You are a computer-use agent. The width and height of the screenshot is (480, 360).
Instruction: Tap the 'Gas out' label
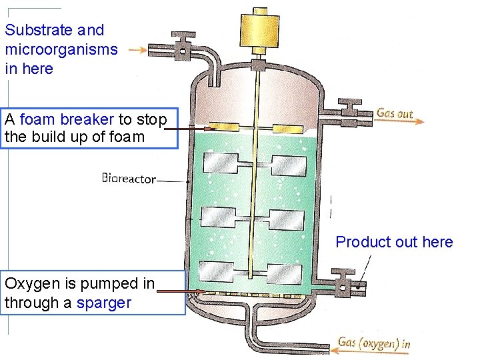pos(395,113)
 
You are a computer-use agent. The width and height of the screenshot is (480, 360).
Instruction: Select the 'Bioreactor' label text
pos(129,179)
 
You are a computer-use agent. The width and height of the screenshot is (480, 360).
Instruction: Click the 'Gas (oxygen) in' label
pos(373,343)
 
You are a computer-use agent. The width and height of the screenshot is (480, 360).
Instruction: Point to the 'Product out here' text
pos(394,242)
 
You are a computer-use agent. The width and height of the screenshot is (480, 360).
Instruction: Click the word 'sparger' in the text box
pos(103,303)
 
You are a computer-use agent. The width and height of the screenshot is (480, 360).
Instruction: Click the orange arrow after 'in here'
pos(139,49)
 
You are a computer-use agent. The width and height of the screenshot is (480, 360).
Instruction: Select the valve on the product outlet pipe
pos(343,284)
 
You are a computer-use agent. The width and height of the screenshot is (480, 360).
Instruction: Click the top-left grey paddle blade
pos(221,163)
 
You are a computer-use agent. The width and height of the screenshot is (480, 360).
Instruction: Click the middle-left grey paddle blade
pos(218,217)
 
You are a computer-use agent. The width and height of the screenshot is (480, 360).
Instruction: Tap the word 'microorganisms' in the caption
pos(61,49)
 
